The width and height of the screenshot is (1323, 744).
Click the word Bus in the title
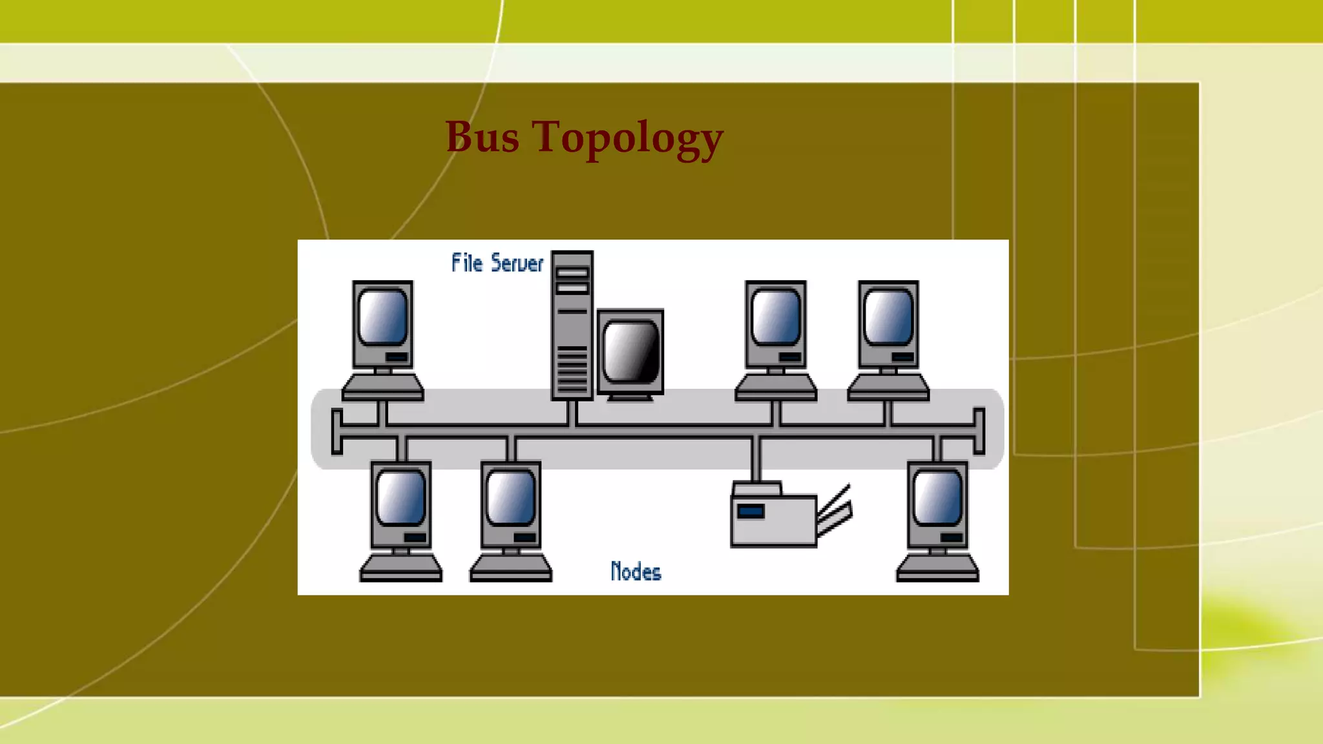(x=482, y=138)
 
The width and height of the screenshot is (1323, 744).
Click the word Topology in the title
(x=627, y=139)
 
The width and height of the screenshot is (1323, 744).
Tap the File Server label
(x=497, y=263)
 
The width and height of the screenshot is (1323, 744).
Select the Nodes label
(x=636, y=572)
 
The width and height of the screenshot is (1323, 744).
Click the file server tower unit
(x=572, y=325)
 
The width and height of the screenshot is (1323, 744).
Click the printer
(x=774, y=517)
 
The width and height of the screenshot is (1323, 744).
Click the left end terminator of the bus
(x=337, y=431)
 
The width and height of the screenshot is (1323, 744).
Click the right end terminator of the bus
(x=979, y=431)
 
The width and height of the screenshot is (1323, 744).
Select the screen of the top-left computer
(x=382, y=317)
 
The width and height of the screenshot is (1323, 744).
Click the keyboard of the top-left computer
(x=382, y=387)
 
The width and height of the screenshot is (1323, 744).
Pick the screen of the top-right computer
(x=888, y=317)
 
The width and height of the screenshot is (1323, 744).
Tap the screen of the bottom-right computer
(x=937, y=497)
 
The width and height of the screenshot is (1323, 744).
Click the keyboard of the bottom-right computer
(x=937, y=568)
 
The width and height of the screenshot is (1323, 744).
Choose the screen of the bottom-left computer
(x=401, y=497)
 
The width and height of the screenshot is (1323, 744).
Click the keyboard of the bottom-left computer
(x=401, y=568)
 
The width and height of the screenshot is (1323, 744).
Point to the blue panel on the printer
(x=750, y=512)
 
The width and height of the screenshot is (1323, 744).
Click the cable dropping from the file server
(x=572, y=413)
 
